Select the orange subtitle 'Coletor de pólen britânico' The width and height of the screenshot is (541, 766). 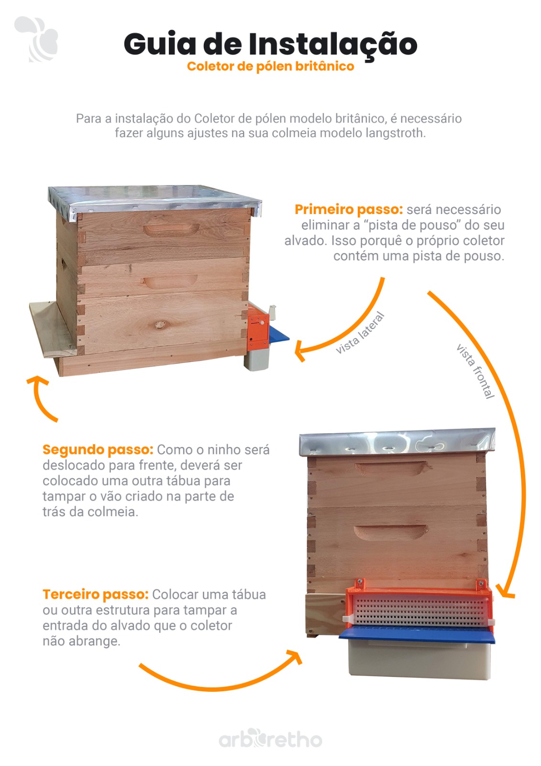click(270, 67)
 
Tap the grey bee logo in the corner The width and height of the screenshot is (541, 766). click(36, 39)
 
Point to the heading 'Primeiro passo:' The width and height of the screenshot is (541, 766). click(349, 209)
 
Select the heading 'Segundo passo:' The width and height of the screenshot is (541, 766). click(98, 450)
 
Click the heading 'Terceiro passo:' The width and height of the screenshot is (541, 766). click(96, 594)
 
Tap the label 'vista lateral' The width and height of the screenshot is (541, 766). click(360, 333)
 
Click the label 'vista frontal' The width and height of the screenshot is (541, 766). click(475, 372)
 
